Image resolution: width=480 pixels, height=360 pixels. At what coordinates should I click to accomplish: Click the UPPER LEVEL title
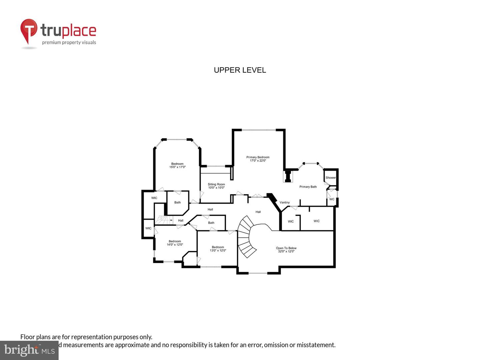[x=240, y=70]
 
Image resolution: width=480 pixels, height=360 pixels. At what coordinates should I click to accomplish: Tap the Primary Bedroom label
[x=258, y=159]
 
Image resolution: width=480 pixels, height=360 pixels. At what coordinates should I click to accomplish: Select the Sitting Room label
[x=216, y=186]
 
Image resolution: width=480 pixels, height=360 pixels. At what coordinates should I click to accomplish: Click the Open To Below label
[x=286, y=250]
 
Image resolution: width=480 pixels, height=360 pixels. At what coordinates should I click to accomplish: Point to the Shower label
[x=330, y=178]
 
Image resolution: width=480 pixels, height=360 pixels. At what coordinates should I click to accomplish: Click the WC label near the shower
[x=332, y=199]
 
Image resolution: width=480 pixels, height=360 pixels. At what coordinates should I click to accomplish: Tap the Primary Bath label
[x=308, y=187]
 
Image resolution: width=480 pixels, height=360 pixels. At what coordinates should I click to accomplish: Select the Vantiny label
[x=285, y=202]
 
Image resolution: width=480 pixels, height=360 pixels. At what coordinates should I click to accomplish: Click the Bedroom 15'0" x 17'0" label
[x=177, y=165]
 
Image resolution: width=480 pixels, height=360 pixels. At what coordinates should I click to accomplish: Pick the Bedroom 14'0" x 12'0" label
[x=175, y=243]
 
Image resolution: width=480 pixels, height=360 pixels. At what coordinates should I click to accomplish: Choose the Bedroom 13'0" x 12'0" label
[x=218, y=249]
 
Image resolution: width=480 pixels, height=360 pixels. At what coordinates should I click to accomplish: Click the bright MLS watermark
[x=29, y=350]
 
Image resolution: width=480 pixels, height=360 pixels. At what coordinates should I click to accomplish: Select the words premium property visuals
[x=69, y=42]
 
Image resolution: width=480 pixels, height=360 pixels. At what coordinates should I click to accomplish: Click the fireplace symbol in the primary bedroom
[x=288, y=176]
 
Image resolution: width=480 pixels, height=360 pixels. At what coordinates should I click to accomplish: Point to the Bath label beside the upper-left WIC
[x=177, y=202]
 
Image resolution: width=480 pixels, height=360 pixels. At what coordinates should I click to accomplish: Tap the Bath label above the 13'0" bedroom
[x=211, y=223]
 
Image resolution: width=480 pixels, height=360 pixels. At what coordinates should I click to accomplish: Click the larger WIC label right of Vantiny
[x=316, y=221]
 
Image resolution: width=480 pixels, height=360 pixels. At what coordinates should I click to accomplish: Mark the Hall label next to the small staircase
[x=181, y=220]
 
